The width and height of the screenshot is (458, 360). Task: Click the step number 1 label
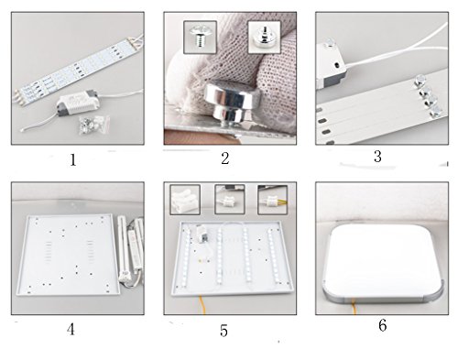(x=73, y=160)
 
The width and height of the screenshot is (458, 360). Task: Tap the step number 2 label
(x=225, y=158)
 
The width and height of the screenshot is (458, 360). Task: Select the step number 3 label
(x=377, y=157)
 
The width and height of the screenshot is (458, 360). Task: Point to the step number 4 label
(x=71, y=330)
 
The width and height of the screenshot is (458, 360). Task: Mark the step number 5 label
(x=224, y=331)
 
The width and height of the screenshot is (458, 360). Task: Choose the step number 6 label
(x=383, y=325)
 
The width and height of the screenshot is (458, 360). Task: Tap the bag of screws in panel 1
(x=94, y=125)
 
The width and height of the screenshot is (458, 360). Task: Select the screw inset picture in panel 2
(x=201, y=38)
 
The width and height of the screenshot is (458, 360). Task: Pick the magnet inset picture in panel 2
(x=265, y=38)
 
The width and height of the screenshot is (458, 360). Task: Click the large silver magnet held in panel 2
(x=233, y=102)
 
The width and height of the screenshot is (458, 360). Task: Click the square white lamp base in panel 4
(x=69, y=255)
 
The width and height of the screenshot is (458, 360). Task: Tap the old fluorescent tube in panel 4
(x=124, y=248)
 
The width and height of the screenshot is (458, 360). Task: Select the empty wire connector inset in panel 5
(x=185, y=200)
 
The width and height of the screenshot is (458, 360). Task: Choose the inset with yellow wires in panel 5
(x=273, y=200)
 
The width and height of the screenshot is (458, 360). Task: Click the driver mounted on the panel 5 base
(x=202, y=234)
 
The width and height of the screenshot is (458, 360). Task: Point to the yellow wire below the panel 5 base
(x=202, y=305)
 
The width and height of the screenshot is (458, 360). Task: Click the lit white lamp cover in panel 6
(x=382, y=261)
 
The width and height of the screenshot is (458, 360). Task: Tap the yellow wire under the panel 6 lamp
(x=354, y=307)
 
